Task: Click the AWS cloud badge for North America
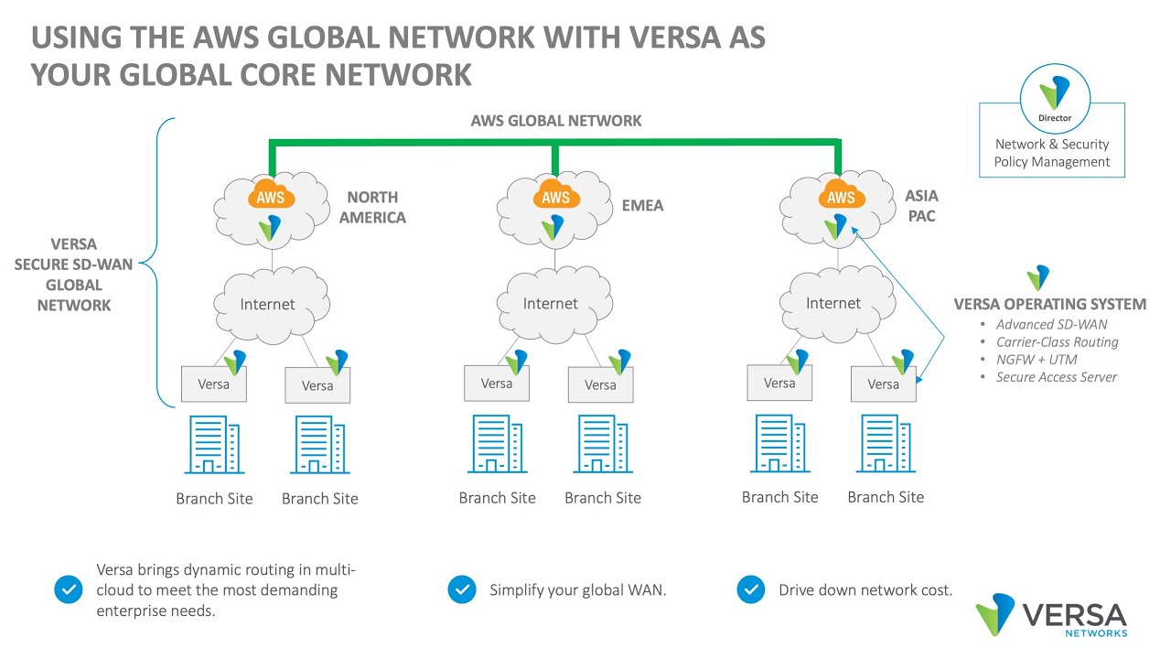coord(270,198)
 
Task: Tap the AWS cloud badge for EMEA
coord(555,198)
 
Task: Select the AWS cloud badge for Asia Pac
coord(840,198)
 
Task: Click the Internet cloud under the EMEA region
coord(551,303)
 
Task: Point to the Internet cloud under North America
coord(268,304)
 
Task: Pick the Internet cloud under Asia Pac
coord(833,303)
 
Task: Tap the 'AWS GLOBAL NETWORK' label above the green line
coord(555,121)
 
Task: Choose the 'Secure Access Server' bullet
coord(1056,377)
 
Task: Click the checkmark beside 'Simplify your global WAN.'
coord(462,590)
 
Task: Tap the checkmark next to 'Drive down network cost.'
coord(750,590)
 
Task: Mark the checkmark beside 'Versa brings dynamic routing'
coord(69,590)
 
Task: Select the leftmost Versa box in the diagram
coord(213,384)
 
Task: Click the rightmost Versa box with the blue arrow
coord(884,384)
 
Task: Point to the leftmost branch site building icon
coord(214,446)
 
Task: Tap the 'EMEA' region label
coord(641,206)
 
